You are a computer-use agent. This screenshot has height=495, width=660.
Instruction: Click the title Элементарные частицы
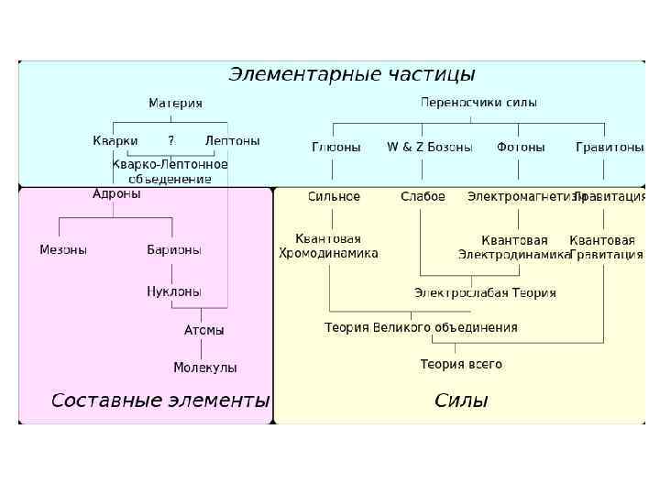[x=351, y=74]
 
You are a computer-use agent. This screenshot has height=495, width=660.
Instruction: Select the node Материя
[x=176, y=104]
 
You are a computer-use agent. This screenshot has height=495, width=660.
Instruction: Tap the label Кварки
[x=115, y=141]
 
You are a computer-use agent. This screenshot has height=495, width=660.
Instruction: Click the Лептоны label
[x=232, y=141]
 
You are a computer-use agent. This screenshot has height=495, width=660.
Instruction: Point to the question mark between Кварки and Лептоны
[x=170, y=141]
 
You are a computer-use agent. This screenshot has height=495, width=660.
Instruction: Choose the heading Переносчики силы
[x=478, y=103]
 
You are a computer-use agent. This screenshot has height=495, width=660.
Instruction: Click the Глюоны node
[x=336, y=147]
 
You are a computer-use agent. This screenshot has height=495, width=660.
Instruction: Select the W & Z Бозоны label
[x=429, y=147]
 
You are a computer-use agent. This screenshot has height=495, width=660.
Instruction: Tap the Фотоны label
[x=521, y=147]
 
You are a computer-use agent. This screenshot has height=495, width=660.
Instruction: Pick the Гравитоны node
[x=610, y=147]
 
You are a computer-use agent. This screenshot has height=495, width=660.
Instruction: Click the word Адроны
[x=116, y=194]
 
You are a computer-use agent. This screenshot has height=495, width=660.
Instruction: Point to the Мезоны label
[x=63, y=250]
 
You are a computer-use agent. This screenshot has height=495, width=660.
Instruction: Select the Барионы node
[x=174, y=250]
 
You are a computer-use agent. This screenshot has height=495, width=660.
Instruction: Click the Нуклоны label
[x=174, y=291]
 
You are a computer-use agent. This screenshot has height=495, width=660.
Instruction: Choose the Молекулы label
[x=205, y=368]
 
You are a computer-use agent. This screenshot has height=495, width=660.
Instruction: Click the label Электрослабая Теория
[x=485, y=293]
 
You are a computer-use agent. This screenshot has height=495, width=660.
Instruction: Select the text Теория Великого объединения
[x=421, y=327]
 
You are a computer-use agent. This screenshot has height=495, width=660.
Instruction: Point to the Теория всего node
[x=461, y=364]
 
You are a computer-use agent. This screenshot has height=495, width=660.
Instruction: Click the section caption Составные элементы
[x=160, y=401]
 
